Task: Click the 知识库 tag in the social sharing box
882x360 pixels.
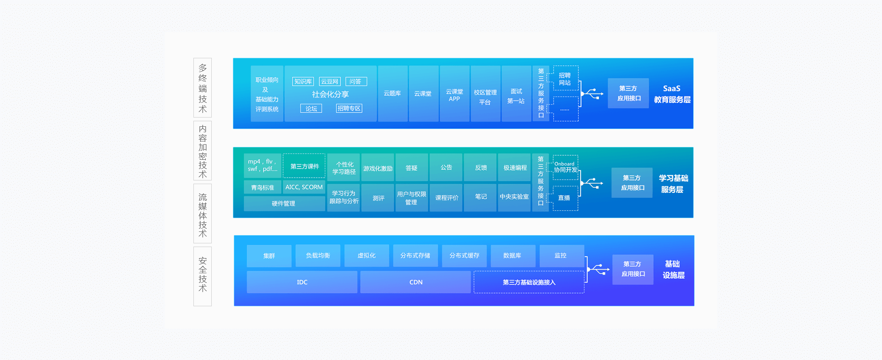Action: pos(303,82)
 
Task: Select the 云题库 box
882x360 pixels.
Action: pos(392,93)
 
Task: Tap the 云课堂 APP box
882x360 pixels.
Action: pos(454,93)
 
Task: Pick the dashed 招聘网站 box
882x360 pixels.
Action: pos(565,78)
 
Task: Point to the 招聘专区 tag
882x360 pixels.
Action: pos(349,108)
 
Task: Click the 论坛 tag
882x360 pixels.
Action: pos(311,108)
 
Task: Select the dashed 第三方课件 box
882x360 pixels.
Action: pos(304,166)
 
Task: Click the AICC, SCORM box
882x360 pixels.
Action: pos(304,187)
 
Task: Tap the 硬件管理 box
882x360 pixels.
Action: pos(284,203)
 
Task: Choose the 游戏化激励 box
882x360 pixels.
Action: pos(378,168)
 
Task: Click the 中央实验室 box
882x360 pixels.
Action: pos(514,197)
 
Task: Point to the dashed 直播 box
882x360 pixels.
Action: pos(565,198)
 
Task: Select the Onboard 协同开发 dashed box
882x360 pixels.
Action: pos(565,167)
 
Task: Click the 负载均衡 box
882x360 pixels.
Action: pos(318,256)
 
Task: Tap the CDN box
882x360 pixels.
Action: pos(415,282)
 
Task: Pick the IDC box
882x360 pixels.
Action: pos(302,282)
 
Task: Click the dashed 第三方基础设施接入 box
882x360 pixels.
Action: pos(529,282)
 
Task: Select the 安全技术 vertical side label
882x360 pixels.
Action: pos(203,276)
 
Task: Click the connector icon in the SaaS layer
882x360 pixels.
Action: pos(593,94)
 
